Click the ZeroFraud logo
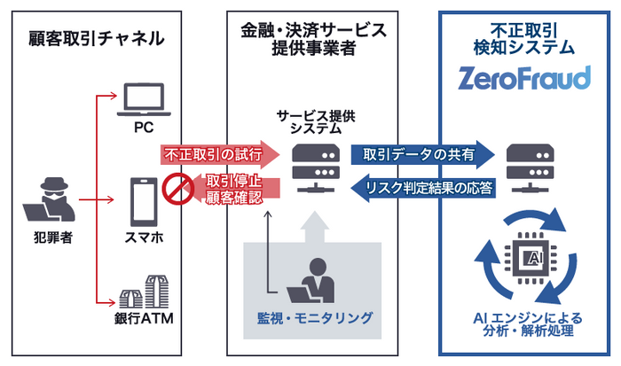point(524,79)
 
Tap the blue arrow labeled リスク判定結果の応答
point(421,187)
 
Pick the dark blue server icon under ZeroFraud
point(524,169)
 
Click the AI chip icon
point(524,256)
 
